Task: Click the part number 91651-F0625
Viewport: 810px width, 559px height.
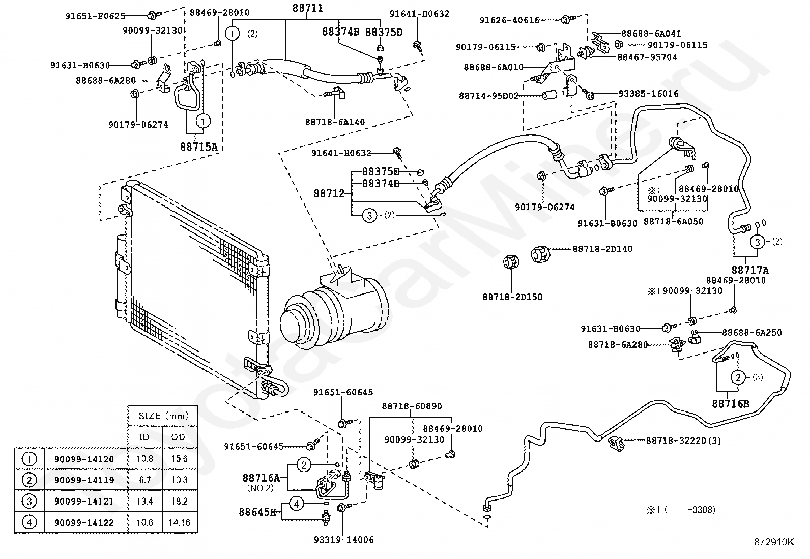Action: click(95, 16)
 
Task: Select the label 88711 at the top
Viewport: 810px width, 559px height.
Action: click(308, 8)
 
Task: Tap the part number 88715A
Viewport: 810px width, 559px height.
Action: click(199, 146)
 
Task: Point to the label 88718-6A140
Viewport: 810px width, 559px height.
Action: click(335, 122)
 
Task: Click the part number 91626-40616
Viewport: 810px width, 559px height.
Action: click(509, 20)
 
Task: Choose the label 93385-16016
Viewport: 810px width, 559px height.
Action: click(648, 93)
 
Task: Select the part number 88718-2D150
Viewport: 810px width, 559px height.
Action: click(512, 297)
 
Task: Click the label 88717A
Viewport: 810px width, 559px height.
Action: click(750, 270)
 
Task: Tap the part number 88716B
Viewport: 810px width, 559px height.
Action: click(731, 404)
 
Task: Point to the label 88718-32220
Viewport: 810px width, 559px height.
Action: click(676, 440)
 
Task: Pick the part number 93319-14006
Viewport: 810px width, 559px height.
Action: click(344, 540)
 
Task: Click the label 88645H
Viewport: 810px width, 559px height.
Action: click(257, 512)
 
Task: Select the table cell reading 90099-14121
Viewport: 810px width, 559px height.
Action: click(84, 501)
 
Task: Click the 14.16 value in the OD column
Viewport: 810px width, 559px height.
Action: click(180, 522)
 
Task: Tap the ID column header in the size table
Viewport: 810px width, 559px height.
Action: click(144, 437)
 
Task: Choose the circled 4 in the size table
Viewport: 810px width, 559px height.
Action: click(30, 522)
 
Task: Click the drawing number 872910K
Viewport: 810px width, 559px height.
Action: click(774, 542)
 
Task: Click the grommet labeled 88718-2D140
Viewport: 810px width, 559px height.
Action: click(540, 254)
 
